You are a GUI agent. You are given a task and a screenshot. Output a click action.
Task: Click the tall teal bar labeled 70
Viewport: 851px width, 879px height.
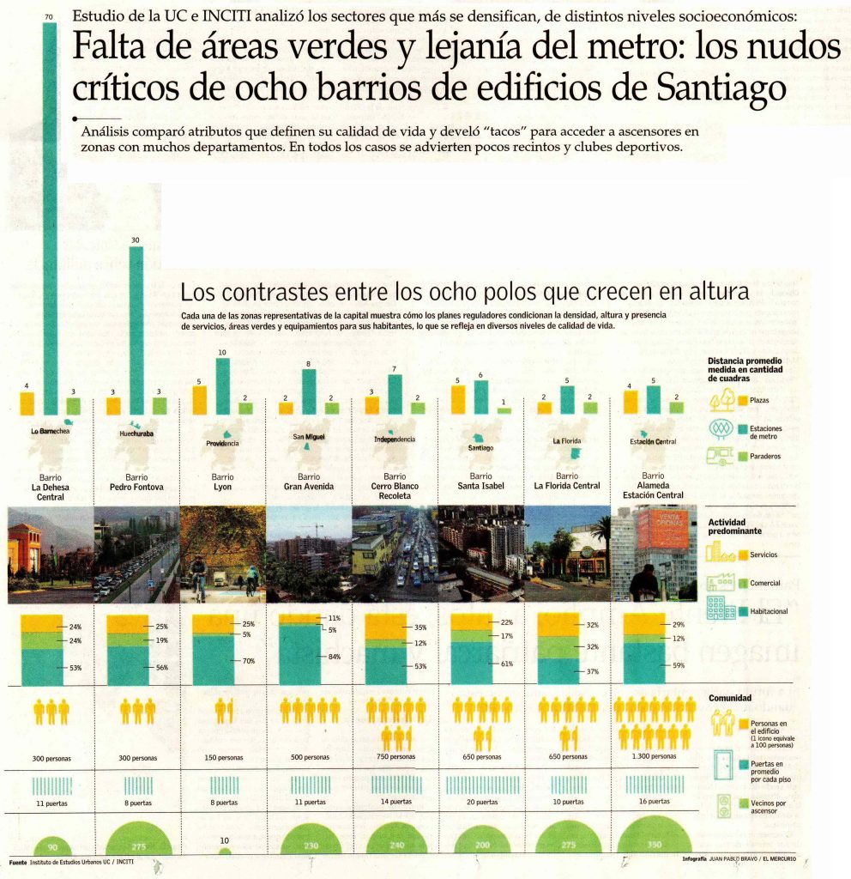[51, 215]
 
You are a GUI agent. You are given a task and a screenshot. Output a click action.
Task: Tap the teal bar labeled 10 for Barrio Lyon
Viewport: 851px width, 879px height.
[222, 386]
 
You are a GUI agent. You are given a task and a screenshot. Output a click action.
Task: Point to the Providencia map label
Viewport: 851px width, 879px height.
[222, 444]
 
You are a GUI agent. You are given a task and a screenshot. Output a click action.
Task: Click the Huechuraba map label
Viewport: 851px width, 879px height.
[136, 434]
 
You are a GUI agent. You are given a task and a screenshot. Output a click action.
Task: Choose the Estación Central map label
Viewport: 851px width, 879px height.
[654, 441]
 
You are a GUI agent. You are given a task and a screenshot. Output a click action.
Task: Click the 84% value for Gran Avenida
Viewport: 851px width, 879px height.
[335, 658]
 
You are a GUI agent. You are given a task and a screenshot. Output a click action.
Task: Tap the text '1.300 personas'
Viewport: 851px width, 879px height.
[654, 757]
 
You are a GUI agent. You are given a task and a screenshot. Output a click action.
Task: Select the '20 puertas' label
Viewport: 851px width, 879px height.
[481, 803]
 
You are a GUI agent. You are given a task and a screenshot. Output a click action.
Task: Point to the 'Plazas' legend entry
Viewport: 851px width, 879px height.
[760, 400]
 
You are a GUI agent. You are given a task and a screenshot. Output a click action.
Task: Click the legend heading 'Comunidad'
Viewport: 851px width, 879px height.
[729, 698]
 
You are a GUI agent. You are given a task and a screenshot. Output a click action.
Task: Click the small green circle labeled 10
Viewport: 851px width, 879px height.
[224, 851]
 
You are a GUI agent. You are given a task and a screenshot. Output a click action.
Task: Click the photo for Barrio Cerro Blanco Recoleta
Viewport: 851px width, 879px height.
[395, 554]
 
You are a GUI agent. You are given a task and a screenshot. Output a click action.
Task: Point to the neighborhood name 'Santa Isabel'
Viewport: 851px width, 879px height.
[481, 486]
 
